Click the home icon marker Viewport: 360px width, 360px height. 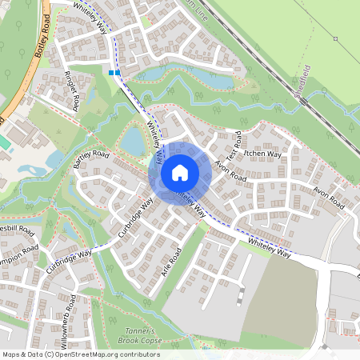[180, 172]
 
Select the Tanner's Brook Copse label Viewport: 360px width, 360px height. [146, 336]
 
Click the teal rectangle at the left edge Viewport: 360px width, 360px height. [4, 142]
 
